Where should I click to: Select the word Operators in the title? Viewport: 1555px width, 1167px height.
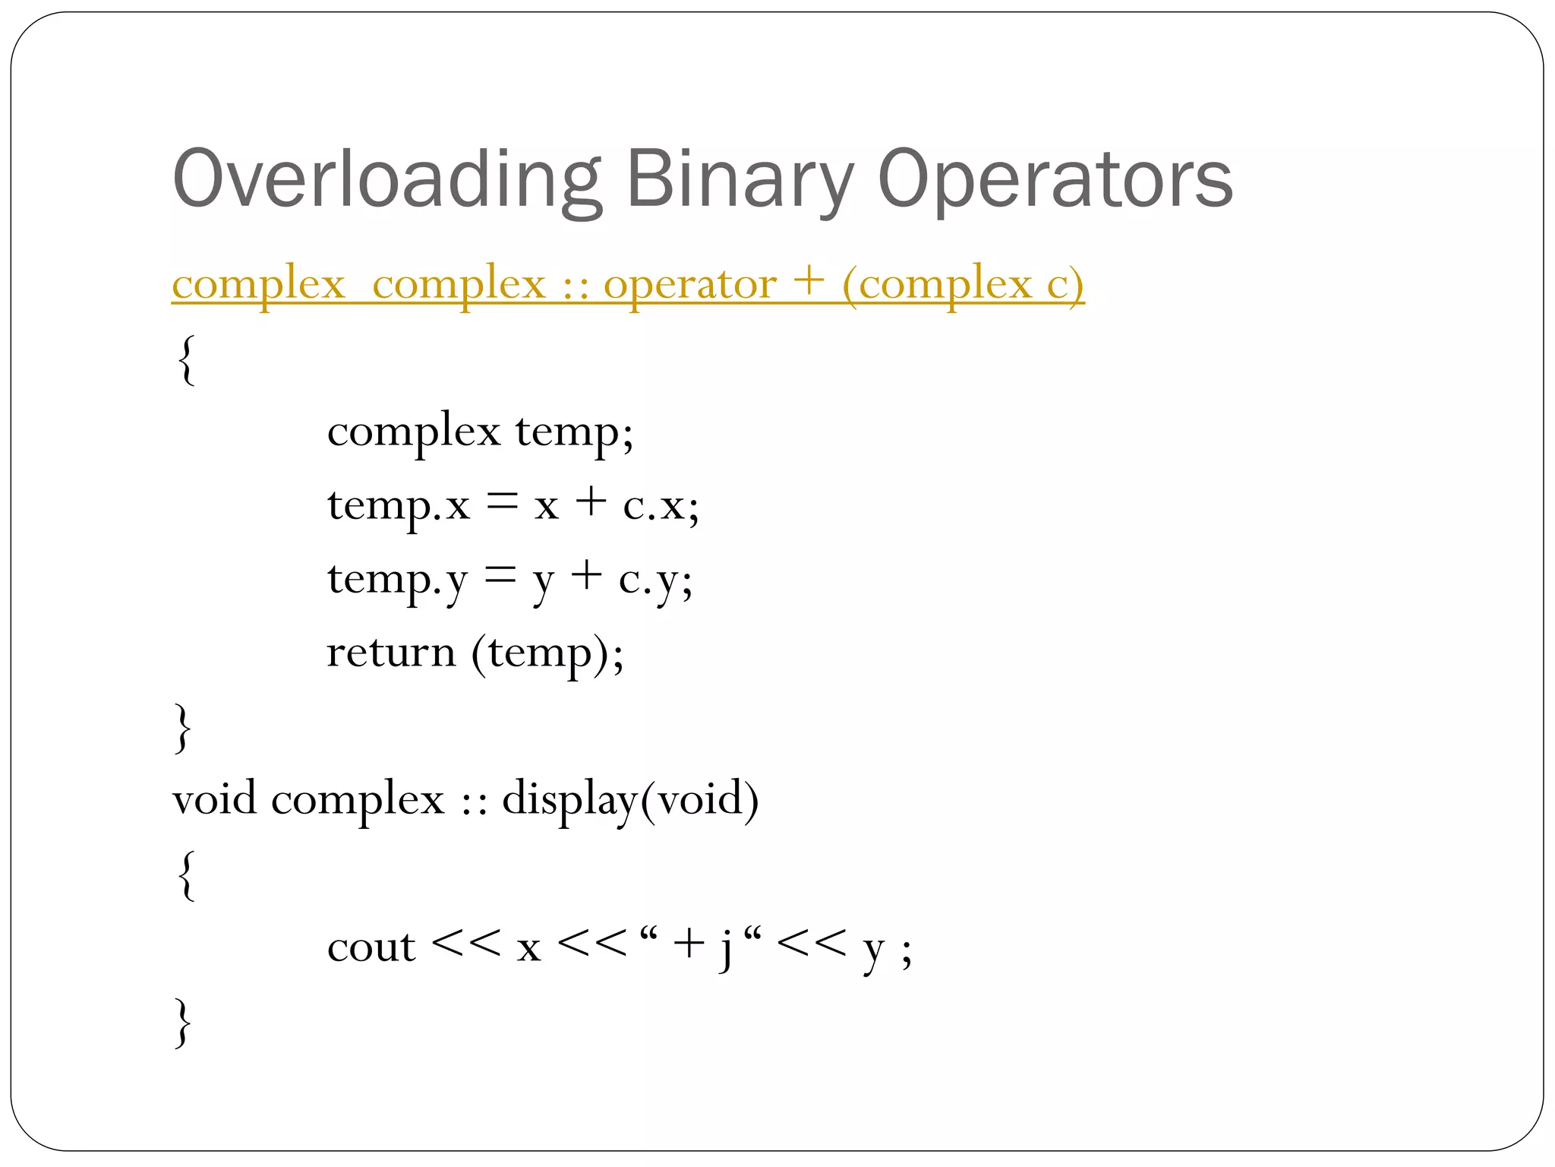click(1055, 179)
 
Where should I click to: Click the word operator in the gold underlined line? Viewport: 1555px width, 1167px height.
click(690, 284)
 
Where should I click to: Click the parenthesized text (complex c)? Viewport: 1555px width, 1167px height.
click(963, 284)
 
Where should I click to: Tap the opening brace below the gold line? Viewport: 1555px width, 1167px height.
click(185, 359)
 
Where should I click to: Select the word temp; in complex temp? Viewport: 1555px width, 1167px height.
click(575, 432)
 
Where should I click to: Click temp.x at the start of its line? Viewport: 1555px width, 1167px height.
click(399, 504)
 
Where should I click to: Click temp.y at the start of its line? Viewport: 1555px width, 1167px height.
click(397, 579)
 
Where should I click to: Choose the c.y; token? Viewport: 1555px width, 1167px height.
click(655, 579)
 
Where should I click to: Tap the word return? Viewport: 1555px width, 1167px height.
click(391, 652)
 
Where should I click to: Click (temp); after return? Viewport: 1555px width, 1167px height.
click(547, 652)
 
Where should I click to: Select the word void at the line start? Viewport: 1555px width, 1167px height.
click(214, 799)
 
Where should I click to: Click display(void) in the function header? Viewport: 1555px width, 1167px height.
click(630, 799)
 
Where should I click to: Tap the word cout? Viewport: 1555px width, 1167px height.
click(371, 947)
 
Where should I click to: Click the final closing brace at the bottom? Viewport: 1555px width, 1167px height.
click(182, 1023)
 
